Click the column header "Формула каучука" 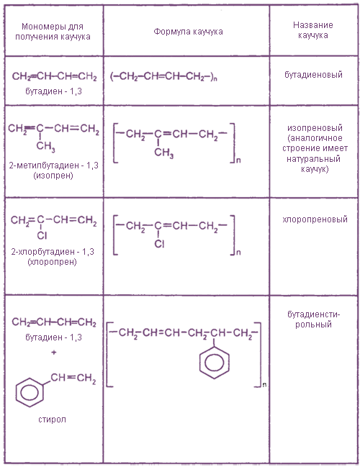pyautogui.click(x=188, y=32)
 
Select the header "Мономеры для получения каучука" pyautogui.click(x=53, y=32)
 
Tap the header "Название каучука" pyautogui.click(x=313, y=30)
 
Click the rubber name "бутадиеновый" pyautogui.click(x=313, y=74)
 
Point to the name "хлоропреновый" pyautogui.click(x=315, y=219)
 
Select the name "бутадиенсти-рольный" pyautogui.click(x=313, y=319)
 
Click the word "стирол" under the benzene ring pyautogui.click(x=52, y=420)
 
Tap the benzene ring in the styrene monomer pyautogui.click(x=30, y=392)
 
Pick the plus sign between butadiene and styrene pyautogui.click(x=54, y=353)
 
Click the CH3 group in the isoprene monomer pyautogui.click(x=45, y=146)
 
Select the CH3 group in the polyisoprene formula pyautogui.click(x=163, y=153)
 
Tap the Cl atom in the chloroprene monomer pyautogui.click(x=42, y=235)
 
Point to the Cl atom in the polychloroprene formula pyautogui.click(x=159, y=244)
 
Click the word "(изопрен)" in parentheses pyautogui.click(x=53, y=175)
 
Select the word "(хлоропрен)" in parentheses pyautogui.click(x=52, y=262)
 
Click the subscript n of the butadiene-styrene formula pyautogui.click(x=265, y=385)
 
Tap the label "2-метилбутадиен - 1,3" pyautogui.click(x=54, y=165)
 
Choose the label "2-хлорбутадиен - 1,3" pyautogui.click(x=53, y=252)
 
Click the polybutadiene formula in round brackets pyautogui.click(x=163, y=77)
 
